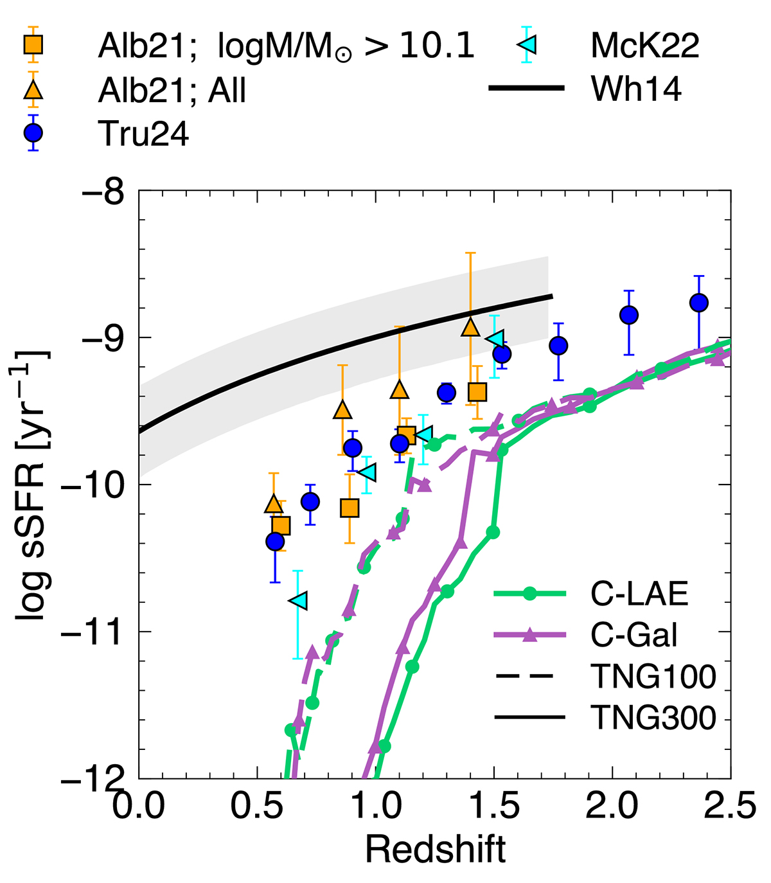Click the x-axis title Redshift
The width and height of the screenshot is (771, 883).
click(435, 850)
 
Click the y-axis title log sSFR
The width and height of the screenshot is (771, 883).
click(33, 485)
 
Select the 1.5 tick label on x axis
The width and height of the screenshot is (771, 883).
click(493, 806)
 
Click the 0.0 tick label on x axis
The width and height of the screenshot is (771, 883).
click(139, 806)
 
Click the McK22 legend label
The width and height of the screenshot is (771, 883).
click(645, 45)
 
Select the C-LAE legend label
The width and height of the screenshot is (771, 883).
click(639, 594)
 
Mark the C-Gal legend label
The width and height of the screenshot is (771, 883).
click(634, 636)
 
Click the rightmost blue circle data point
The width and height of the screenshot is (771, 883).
click(698, 303)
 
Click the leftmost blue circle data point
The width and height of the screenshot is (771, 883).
click(275, 542)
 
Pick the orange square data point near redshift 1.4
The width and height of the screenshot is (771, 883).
click(477, 392)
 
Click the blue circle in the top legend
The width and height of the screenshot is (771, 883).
click(33, 133)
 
